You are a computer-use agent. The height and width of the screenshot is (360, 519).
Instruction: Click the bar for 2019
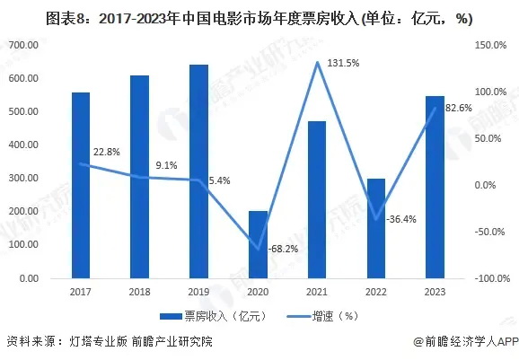199,171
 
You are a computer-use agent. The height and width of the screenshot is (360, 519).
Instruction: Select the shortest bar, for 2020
259,244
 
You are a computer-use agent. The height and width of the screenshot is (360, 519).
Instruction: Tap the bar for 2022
376,229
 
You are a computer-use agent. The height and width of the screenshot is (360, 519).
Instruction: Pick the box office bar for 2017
81,185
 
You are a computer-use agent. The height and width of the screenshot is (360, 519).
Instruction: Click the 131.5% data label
343,63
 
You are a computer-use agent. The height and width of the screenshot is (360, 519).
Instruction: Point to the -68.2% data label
283,249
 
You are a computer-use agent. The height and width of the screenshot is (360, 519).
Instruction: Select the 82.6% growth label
459,108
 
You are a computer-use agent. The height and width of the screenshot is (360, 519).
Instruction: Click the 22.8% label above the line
107,152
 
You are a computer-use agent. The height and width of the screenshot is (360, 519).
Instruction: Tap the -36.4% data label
401,219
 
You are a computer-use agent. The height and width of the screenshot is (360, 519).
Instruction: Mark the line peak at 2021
317,62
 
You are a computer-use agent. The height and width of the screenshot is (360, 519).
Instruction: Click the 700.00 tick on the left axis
23,45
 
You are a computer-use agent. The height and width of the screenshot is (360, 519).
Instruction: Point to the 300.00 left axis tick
23,178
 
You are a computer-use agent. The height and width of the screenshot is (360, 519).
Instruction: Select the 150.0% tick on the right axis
490,45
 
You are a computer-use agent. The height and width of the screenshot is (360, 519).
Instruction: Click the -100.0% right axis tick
492,278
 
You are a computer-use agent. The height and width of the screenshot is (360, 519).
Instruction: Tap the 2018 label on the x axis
139,292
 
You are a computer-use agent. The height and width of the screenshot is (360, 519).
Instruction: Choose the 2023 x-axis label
435,292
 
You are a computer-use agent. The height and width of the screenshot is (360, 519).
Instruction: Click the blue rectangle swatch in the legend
171,316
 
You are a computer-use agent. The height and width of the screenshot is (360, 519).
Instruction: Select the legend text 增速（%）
335,316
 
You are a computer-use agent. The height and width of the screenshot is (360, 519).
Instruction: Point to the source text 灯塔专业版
98,341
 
